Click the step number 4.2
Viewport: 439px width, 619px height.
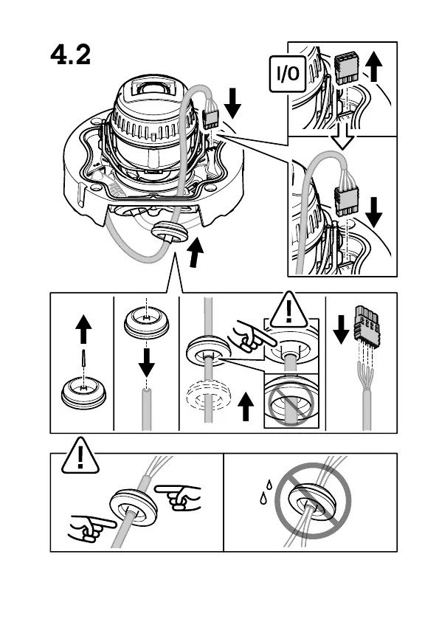(x=70, y=55)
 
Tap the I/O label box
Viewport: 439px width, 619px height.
(x=288, y=74)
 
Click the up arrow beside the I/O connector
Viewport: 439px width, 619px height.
(x=374, y=67)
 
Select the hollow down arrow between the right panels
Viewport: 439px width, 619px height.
(x=342, y=136)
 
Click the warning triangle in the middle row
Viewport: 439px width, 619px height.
(x=289, y=311)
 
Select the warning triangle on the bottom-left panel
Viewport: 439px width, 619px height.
(x=80, y=456)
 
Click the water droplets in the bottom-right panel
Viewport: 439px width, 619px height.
(x=266, y=491)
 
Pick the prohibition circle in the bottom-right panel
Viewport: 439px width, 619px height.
(x=313, y=500)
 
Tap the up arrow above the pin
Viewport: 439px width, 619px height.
(x=83, y=329)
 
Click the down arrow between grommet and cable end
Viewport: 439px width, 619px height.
(x=147, y=362)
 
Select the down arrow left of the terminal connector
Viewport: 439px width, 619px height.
(x=341, y=329)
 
